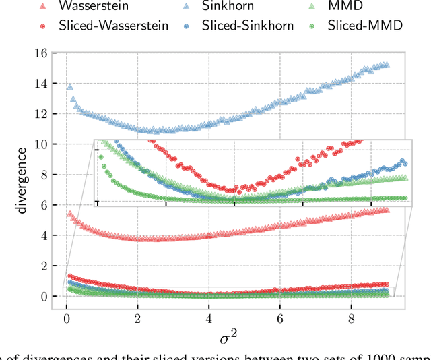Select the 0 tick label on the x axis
coord(66,318)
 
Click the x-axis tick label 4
coord(209,318)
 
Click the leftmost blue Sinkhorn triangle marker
coord(69,87)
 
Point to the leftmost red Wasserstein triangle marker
coord(69,214)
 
